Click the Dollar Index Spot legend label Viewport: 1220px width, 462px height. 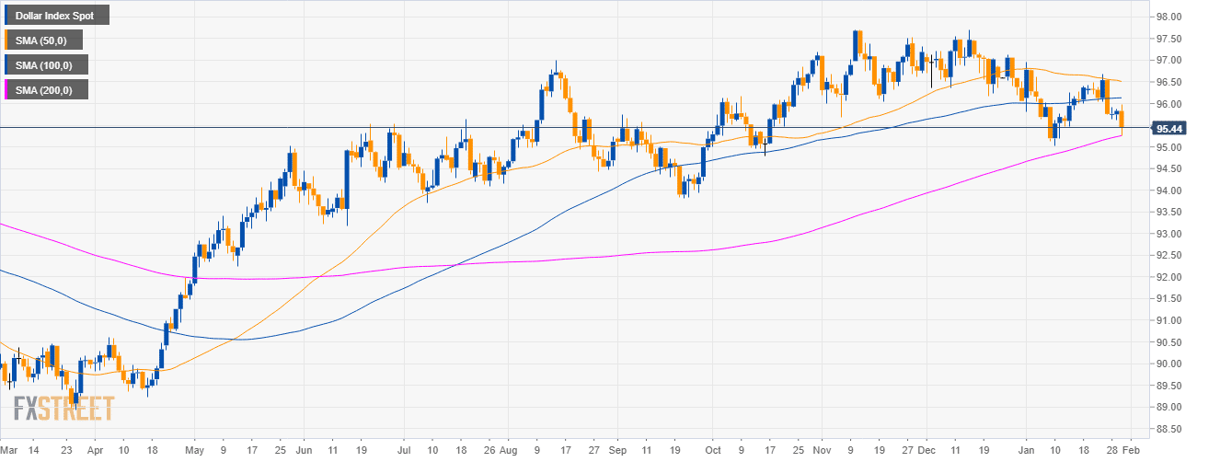tap(55, 15)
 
